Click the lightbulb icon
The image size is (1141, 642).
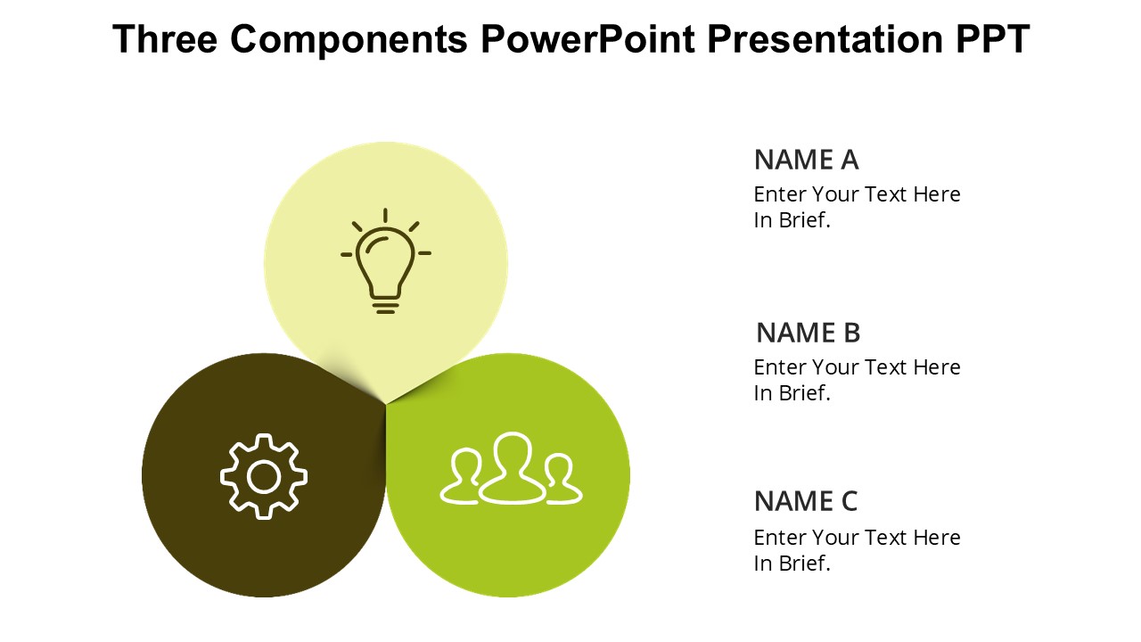[x=386, y=261]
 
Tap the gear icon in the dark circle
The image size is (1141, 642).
[x=263, y=476]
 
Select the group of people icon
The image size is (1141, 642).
[x=511, y=469]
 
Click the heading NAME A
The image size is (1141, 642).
[x=807, y=160]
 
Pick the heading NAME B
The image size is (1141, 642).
[x=809, y=333]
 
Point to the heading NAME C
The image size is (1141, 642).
[x=806, y=501]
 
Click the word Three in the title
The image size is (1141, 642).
[x=165, y=38]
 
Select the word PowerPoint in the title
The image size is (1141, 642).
[x=587, y=38]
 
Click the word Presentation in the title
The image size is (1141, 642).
[x=825, y=38]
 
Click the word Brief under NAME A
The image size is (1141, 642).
[x=805, y=220]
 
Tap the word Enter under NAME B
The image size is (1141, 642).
[x=779, y=367]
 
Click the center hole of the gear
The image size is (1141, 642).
[x=263, y=477]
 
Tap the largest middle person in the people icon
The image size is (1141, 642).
[x=512, y=468]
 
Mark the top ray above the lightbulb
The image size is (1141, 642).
[x=386, y=216]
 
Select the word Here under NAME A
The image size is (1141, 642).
[x=937, y=194]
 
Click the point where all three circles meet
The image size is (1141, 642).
[x=386, y=404]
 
